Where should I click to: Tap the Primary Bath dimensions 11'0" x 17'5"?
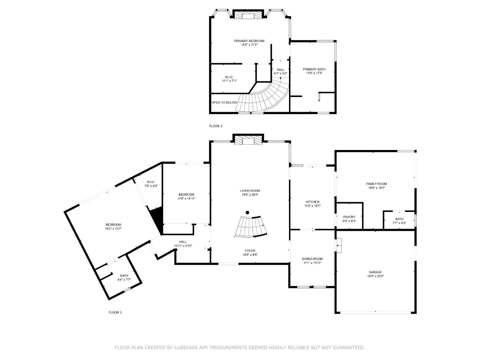(x=314, y=73)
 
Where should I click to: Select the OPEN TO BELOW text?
(x=224, y=103)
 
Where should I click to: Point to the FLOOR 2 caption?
(x=216, y=126)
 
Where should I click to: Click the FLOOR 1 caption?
(x=115, y=312)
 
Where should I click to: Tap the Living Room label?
(x=250, y=191)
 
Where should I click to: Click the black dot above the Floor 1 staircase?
(x=247, y=212)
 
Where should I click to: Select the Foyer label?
(x=250, y=251)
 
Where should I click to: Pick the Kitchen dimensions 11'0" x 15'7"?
(x=313, y=206)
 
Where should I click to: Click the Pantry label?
(x=349, y=217)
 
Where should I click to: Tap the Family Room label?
(x=376, y=184)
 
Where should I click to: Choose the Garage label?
(x=375, y=272)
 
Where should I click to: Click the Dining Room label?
(x=312, y=259)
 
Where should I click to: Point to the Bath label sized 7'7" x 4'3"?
(x=399, y=219)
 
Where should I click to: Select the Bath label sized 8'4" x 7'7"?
(x=124, y=276)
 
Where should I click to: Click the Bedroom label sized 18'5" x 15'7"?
(x=113, y=225)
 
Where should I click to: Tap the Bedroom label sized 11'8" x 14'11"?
(x=186, y=195)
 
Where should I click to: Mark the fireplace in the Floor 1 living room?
(x=248, y=140)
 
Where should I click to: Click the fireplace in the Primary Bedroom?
(x=248, y=16)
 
